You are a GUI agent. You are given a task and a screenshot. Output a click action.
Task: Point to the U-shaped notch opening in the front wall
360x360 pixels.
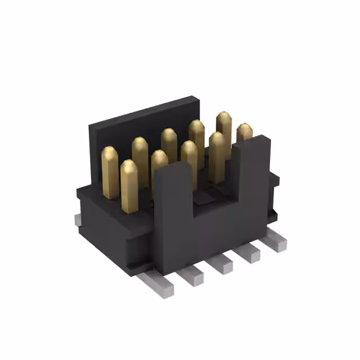click(x=214, y=191)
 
